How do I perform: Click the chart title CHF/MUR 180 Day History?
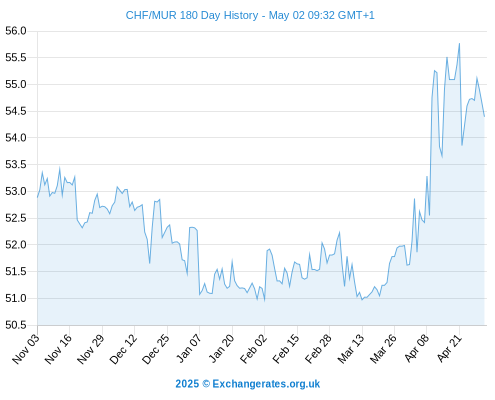tap(192, 15)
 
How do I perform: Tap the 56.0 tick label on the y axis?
tap(16, 31)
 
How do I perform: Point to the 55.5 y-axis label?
tap(16, 58)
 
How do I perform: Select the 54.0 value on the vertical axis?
tap(16, 138)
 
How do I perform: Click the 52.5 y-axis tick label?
tap(16, 218)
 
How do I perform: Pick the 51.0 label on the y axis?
tap(16, 298)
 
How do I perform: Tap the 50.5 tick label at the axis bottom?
tap(16, 325)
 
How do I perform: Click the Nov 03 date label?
tap(26, 348)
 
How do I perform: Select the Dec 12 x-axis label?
tap(123, 348)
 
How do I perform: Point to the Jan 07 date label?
tap(189, 348)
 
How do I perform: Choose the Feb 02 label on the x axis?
tap(254, 348)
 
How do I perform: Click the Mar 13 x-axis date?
tap(351, 348)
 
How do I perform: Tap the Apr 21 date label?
tap(450, 348)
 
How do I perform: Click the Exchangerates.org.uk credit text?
tap(266, 384)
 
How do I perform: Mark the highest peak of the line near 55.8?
tap(459, 43)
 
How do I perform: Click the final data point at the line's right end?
tap(484, 116)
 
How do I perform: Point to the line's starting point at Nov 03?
tap(38, 197)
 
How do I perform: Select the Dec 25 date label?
tap(156, 348)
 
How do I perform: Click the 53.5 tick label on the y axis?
tap(16, 165)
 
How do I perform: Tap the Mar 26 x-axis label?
tap(384, 348)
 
